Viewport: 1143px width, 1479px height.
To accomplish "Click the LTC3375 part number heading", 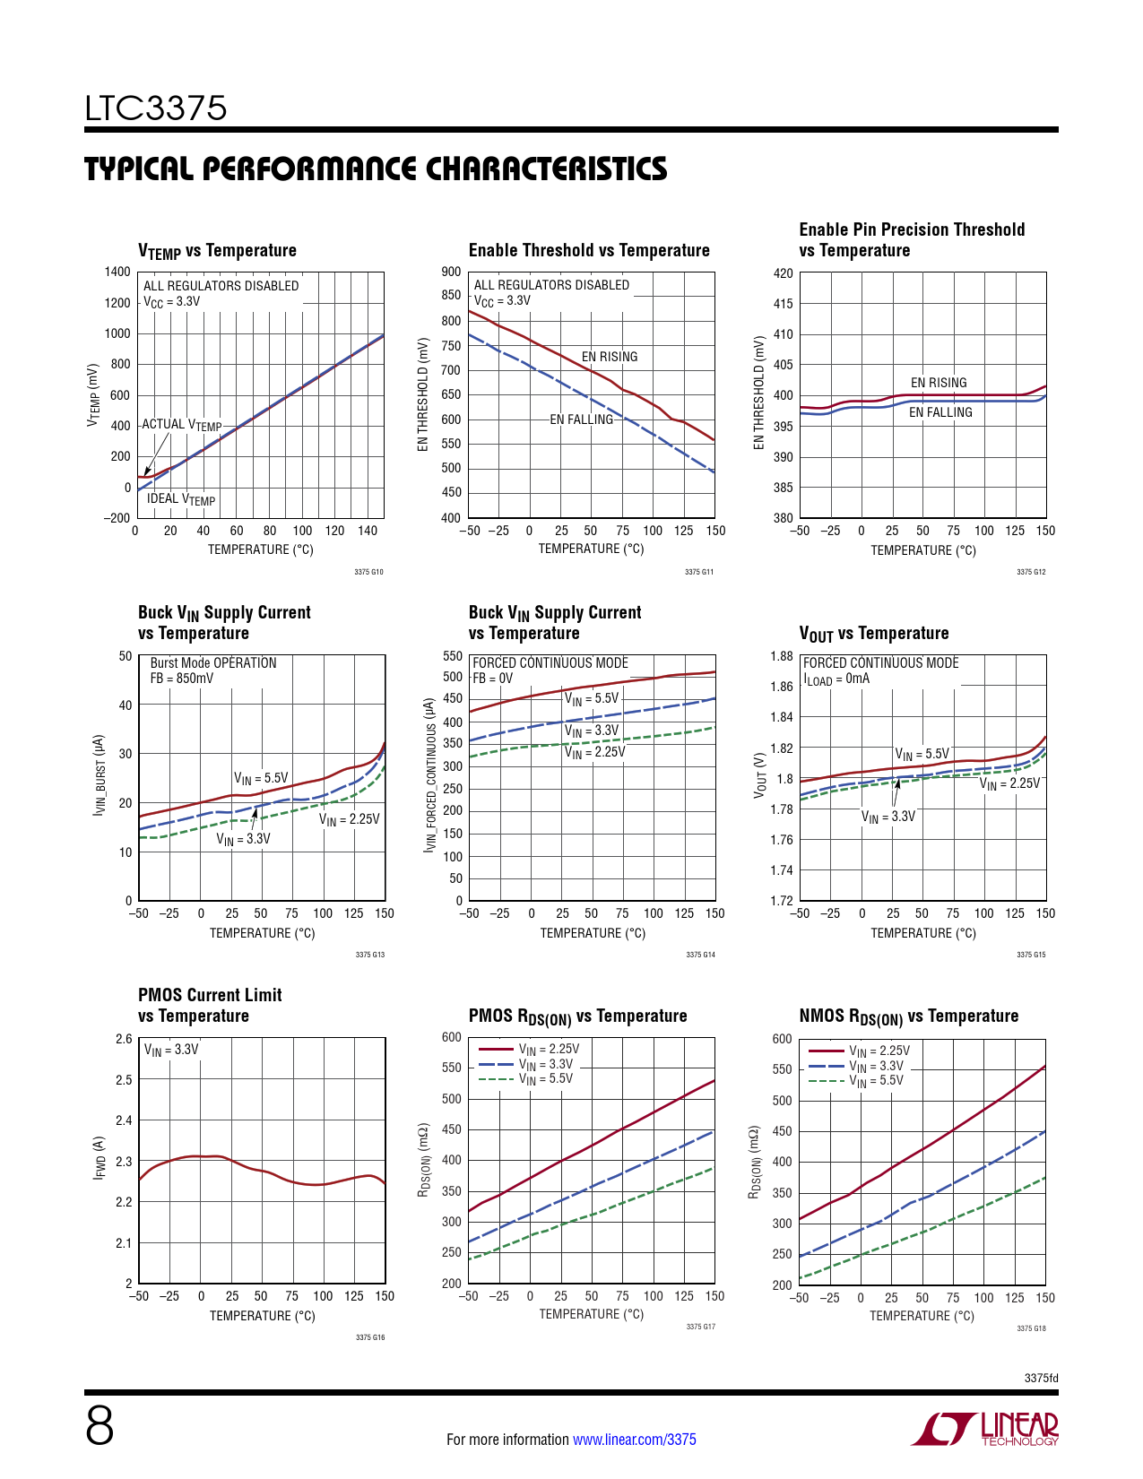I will (x=156, y=108).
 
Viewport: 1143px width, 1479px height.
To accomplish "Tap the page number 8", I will (x=100, y=1426).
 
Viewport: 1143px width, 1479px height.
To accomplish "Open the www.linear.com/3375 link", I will (x=634, y=1440).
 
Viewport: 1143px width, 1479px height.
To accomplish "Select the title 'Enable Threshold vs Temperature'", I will (x=589, y=251).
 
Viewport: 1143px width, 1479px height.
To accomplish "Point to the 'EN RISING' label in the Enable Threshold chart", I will (x=610, y=357).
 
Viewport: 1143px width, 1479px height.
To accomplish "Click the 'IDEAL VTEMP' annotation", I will (x=181, y=499).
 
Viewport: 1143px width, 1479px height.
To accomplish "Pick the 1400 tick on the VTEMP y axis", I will (x=117, y=272).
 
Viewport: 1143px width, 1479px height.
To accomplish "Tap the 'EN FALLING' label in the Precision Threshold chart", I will (x=940, y=412).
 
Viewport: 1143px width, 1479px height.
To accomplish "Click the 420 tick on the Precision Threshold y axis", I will (x=784, y=273).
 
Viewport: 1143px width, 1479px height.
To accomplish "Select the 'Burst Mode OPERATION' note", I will (x=213, y=663).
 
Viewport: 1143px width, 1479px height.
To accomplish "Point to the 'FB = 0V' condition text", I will (x=493, y=679).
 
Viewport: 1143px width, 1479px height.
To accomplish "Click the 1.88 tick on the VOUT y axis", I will (x=782, y=656).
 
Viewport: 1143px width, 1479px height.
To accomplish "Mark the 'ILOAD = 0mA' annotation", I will (x=836, y=679).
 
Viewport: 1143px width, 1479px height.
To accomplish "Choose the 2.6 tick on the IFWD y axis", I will (x=124, y=1039).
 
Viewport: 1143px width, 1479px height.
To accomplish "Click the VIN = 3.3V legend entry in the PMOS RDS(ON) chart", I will (x=545, y=1064).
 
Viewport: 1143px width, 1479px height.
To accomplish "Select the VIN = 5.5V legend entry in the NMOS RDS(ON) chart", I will (x=876, y=1081).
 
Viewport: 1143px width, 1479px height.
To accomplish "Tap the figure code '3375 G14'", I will (x=700, y=955).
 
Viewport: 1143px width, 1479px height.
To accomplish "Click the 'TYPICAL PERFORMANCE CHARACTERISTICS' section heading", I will (x=376, y=169).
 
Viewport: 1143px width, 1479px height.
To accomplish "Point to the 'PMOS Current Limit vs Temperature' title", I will (x=210, y=1005).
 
